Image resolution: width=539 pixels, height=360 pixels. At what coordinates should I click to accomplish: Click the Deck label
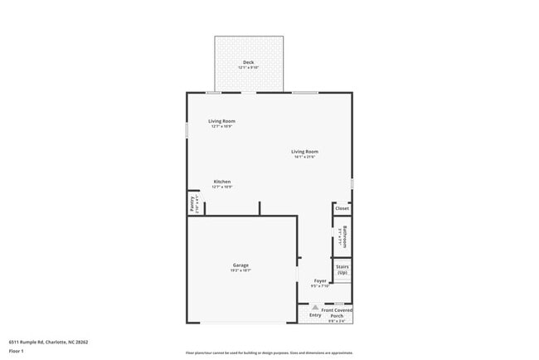[x=248, y=63]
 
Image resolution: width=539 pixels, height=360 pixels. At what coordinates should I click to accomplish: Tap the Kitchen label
[x=221, y=182]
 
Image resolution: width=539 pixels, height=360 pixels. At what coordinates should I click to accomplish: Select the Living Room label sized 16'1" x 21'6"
[x=304, y=152]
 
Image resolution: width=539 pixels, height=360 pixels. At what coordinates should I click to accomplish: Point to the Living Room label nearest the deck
[x=221, y=121]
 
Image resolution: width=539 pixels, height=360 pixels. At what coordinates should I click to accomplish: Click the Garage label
[x=240, y=265]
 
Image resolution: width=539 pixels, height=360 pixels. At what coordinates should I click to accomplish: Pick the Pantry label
[x=192, y=203]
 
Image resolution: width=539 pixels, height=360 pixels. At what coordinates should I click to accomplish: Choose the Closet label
[x=342, y=208]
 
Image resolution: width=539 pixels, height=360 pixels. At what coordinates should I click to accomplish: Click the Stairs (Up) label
[x=342, y=270]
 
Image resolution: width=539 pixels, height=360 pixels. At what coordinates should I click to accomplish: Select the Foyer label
[x=320, y=281]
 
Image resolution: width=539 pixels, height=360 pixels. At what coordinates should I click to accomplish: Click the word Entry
[x=315, y=315]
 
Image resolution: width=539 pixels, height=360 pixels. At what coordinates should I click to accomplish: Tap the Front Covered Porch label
[x=337, y=313]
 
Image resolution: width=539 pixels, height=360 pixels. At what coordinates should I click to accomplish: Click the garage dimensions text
[x=240, y=270]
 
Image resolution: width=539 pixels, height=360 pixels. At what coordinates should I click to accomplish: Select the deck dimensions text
[x=248, y=68]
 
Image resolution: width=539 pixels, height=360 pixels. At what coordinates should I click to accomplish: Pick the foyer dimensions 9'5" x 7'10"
[x=320, y=286]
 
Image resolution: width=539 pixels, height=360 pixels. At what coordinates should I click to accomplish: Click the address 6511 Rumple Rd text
[x=49, y=341]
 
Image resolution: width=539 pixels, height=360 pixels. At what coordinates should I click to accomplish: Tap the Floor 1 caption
[x=17, y=351]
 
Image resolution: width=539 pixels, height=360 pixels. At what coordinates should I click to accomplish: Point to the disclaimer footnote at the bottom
[x=269, y=353]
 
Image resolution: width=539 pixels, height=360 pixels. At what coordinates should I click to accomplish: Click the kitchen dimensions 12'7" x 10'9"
[x=221, y=187]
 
